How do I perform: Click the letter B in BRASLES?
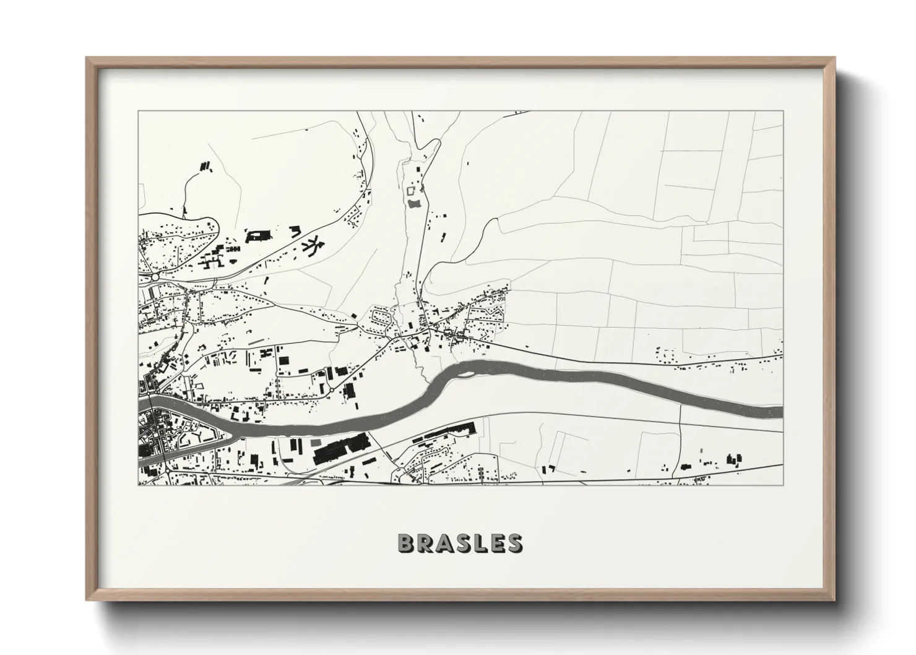[x=405, y=542]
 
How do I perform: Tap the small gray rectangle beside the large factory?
[x=316, y=443]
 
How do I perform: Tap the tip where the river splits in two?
[x=233, y=433]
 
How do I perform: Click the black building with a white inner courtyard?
[x=259, y=235]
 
